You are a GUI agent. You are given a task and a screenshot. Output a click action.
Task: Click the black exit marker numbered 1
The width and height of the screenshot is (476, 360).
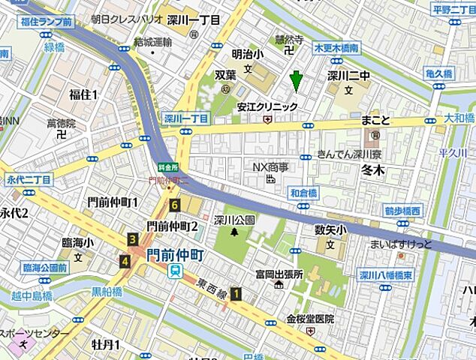click(237, 294)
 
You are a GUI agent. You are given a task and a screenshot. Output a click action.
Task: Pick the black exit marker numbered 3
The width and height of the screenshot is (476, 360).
click(133, 239)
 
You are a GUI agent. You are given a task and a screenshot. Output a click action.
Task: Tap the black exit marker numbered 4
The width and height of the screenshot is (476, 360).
click(124, 261)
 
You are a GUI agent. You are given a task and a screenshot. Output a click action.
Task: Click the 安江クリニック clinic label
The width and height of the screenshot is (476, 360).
click(267, 106)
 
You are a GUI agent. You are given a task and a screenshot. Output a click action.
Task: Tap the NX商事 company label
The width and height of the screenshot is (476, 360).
click(270, 166)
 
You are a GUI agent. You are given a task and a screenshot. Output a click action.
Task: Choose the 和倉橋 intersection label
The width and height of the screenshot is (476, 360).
click(304, 193)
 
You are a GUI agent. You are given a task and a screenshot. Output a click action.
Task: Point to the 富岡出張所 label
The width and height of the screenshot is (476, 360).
click(278, 274)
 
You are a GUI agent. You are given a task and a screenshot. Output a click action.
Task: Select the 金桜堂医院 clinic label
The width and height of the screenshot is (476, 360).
click(309, 319)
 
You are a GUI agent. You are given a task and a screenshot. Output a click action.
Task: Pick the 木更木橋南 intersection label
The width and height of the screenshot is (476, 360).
click(336, 48)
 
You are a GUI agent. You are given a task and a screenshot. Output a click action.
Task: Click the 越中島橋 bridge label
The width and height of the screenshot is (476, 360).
click(31, 295)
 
